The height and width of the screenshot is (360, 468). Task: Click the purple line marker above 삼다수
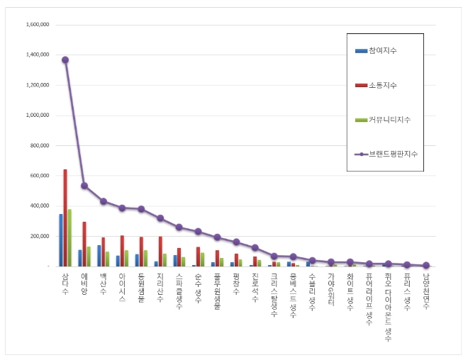(x=65, y=60)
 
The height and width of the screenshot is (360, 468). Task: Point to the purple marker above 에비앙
(x=84, y=186)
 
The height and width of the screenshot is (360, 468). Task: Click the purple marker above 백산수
(x=104, y=201)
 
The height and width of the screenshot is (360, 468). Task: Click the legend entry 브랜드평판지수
(x=392, y=153)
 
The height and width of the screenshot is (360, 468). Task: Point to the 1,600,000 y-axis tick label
(x=37, y=24)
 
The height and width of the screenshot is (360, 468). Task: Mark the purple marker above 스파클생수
(x=179, y=227)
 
